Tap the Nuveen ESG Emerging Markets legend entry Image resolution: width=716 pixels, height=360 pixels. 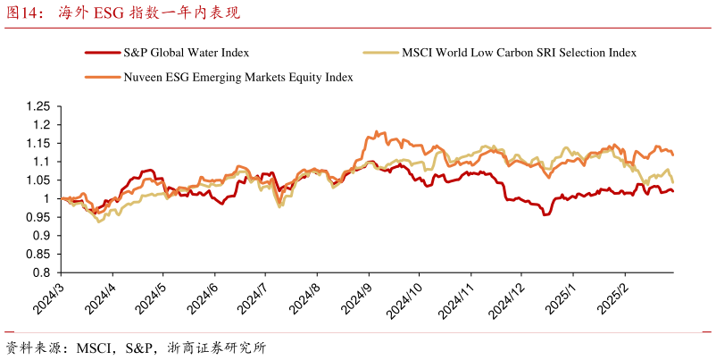237,78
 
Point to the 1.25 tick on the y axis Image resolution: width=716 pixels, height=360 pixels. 39,106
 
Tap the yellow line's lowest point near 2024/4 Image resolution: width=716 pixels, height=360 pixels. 98,221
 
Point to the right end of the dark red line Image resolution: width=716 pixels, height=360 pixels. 673,190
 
